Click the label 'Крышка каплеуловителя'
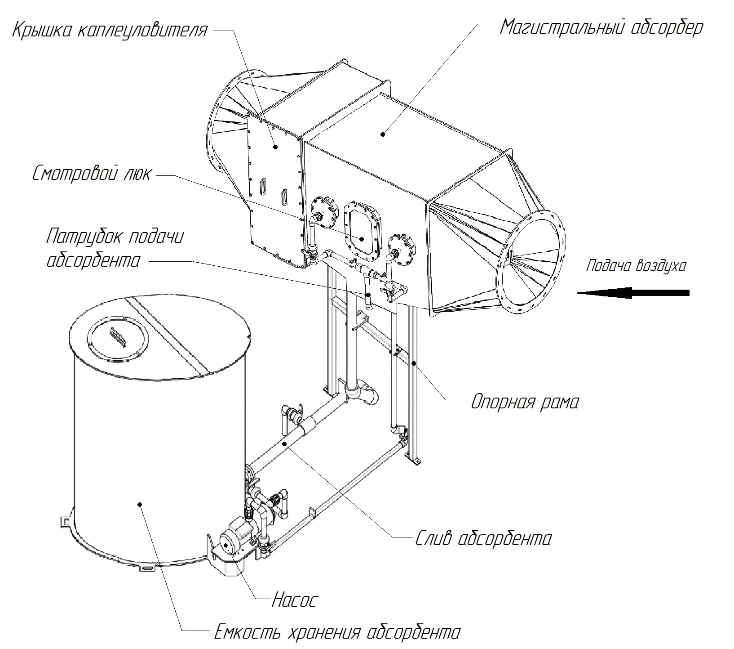(110, 30)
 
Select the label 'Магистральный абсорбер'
(601, 28)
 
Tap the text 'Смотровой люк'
(92, 174)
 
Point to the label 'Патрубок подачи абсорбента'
(115, 248)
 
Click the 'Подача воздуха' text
(636, 266)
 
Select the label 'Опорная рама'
(525, 402)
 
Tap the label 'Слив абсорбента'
(483, 538)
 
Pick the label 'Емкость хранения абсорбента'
(337, 632)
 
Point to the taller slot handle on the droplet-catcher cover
(263, 186)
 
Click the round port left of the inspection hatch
(324, 212)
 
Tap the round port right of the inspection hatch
(400, 249)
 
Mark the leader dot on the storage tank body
(141, 505)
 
